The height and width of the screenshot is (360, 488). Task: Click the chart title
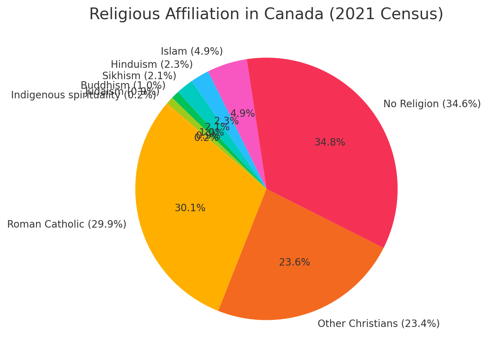click(x=266, y=14)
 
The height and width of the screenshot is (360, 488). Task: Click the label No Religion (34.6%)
click(x=432, y=104)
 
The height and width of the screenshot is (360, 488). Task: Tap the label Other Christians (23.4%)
click(x=378, y=324)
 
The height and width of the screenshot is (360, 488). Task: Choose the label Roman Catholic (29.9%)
click(x=67, y=224)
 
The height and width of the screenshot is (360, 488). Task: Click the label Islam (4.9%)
click(x=192, y=51)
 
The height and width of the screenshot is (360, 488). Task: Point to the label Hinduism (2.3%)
click(x=152, y=65)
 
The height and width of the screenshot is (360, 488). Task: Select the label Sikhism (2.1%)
click(x=139, y=76)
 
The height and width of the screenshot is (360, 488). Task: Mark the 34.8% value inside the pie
click(x=330, y=142)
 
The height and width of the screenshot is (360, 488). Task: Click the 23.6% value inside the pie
click(x=294, y=262)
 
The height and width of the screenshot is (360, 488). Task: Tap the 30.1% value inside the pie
click(x=190, y=208)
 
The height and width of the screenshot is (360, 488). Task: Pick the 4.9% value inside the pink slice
click(x=242, y=114)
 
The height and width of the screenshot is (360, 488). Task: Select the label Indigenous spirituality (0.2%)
click(x=83, y=95)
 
